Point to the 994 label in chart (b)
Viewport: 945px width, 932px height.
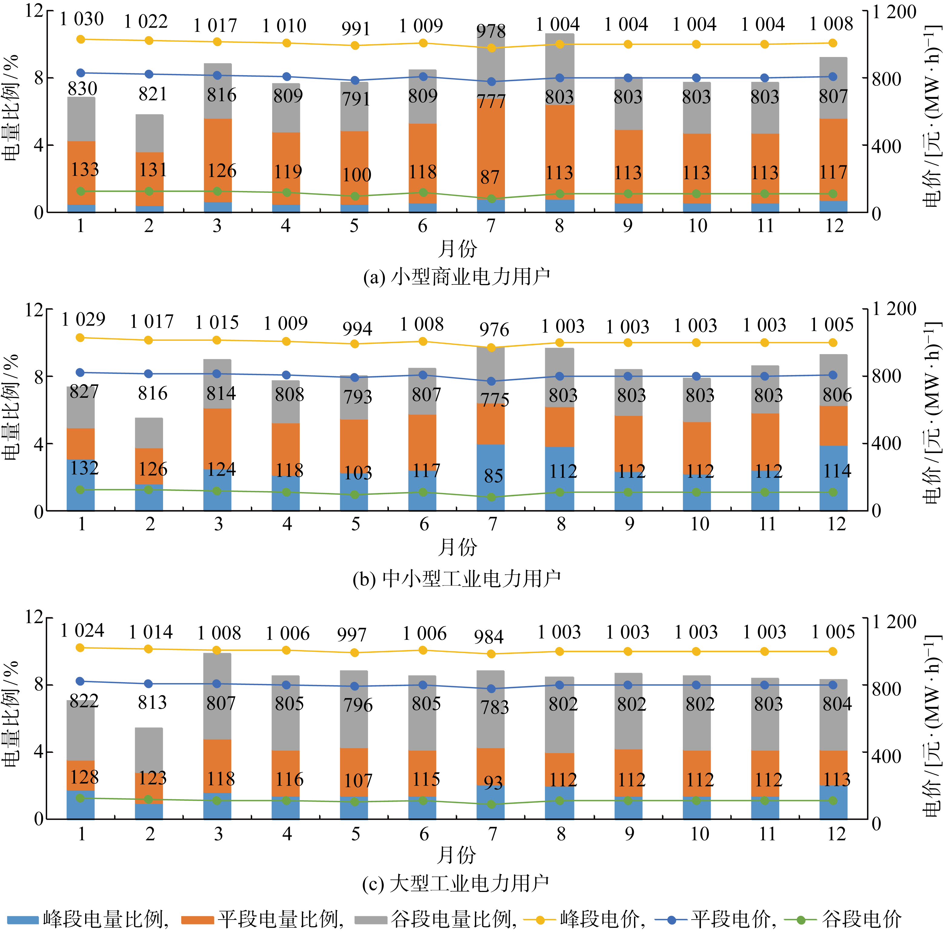(357, 329)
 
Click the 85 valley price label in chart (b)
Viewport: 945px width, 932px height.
(493, 476)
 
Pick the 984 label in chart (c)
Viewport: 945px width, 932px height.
(489, 637)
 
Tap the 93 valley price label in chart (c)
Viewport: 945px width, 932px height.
(493, 783)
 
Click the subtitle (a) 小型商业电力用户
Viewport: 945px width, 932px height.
(456, 277)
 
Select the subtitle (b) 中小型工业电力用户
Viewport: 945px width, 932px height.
(456, 579)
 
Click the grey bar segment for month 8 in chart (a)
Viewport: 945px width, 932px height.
(559, 69)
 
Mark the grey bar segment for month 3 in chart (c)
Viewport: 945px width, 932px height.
(217, 695)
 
